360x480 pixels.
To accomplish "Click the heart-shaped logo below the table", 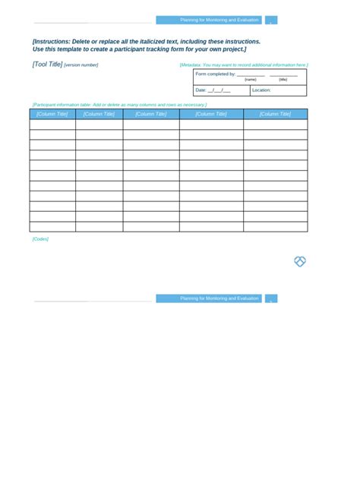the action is coord(300,261).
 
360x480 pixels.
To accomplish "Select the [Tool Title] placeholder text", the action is coord(47,65).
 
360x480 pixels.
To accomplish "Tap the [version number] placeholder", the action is coord(81,65).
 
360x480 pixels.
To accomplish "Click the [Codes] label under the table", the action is coord(40,239).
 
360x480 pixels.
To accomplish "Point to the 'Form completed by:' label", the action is coord(215,74).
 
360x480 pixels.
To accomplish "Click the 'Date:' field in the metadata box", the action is coord(201,90).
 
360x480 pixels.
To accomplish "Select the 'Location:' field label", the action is coord(261,90).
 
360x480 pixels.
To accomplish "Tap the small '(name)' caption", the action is coord(250,80).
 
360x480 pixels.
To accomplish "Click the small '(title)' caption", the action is coord(283,80).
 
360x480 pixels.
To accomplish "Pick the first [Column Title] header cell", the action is coord(52,114).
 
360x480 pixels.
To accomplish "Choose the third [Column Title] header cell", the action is coord(151,114).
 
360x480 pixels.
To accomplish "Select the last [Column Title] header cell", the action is coord(275,114).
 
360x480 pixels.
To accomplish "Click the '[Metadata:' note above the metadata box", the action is coord(191,65).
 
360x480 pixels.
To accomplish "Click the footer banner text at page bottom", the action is coord(219,298).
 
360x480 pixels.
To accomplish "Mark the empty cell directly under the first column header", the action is coord(52,125).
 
